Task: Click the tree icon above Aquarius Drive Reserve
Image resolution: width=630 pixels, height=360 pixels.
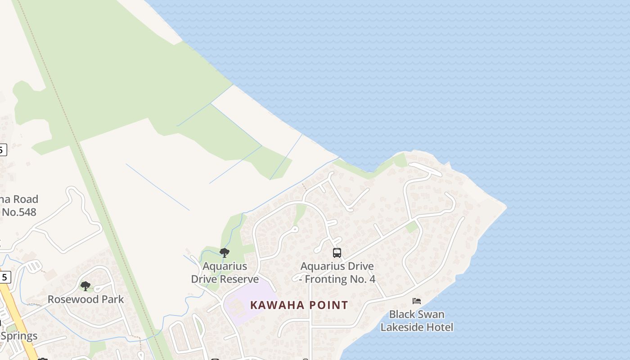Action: [225, 252]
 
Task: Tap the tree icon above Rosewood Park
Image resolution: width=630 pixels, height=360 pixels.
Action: [85, 286]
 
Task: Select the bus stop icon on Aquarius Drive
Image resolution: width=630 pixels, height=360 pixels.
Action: [337, 253]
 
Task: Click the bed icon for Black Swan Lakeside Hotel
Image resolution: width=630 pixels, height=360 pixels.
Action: [417, 301]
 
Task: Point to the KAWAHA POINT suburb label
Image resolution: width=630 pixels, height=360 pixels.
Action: [299, 305]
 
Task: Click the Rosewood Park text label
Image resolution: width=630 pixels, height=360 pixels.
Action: [86, 299]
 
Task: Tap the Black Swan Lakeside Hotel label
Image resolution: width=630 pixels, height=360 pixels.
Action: [417, 320]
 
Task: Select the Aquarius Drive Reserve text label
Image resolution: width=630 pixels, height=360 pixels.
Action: [225, 273]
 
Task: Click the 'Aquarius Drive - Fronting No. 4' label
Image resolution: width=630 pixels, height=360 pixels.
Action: [337, 273]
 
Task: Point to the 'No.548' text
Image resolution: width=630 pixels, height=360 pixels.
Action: [19, 212]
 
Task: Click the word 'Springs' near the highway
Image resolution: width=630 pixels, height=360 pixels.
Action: [19, 336]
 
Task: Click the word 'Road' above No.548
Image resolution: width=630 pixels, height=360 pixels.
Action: [25, 199]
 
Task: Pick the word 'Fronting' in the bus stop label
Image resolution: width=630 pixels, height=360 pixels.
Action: [328, 279]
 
